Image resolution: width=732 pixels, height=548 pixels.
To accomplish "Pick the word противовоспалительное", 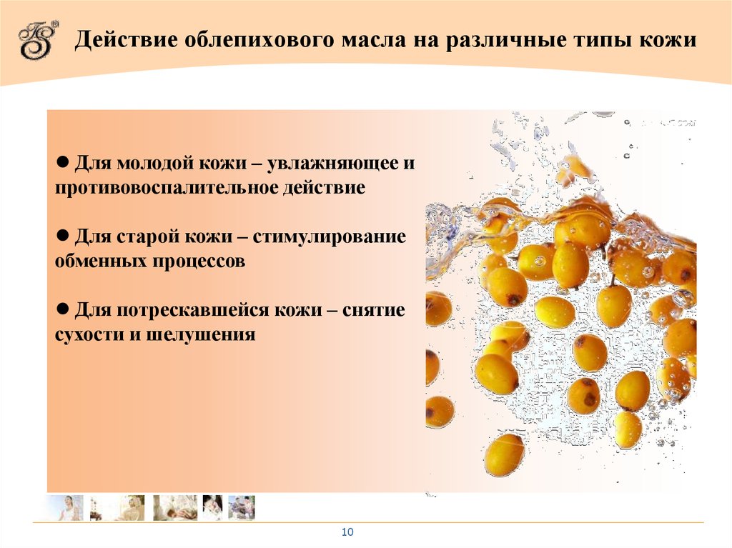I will (171, 188).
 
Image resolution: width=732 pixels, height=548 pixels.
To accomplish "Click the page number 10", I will (348, 532).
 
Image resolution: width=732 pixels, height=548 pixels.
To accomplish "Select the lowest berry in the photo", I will (505, 454).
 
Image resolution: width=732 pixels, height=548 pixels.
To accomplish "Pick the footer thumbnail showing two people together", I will (241, 507).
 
